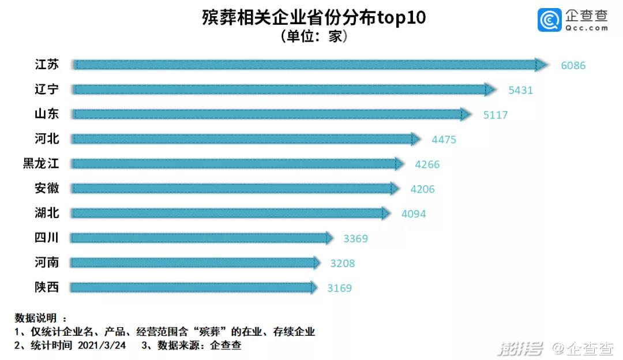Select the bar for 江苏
[x=306, y=65]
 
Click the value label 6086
[x=573, y=65]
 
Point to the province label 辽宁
[x=47, y=89]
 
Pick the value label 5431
[x=520, y=90]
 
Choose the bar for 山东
[x=268, y=114]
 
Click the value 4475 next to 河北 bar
[x=444, y=140]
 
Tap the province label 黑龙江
[x=41, y=164]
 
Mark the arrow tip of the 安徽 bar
[x=395, y=189]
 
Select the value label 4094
[x=414, y=214]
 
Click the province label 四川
[x=47, y=238]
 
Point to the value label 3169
[x=339, y=288]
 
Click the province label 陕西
[x=47, y=287]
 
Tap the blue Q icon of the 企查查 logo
[x=549, y=20]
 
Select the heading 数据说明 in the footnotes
[x=36, y=318]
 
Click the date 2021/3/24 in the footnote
[x=102, y=346]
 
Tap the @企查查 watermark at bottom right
[x=583, y=348]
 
